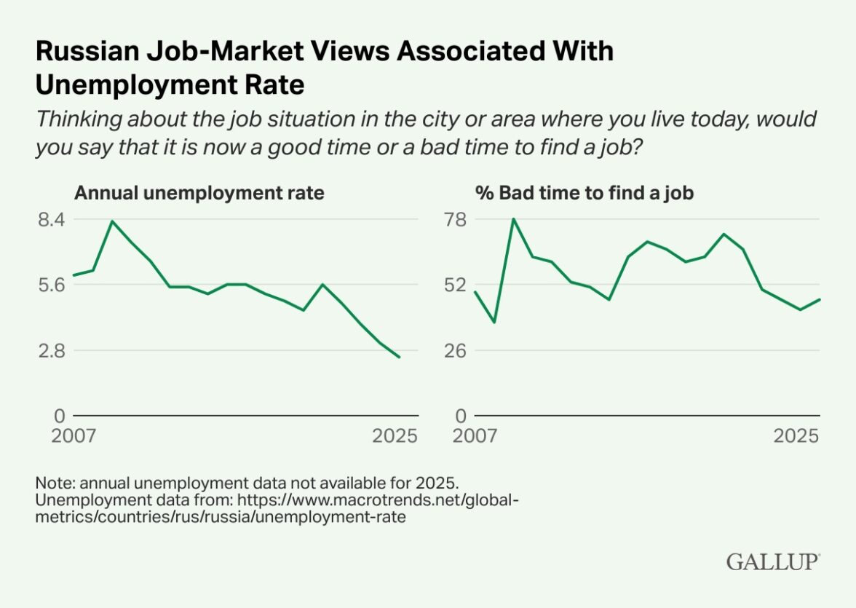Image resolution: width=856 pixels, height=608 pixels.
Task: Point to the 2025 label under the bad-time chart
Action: click(x=796, y=436)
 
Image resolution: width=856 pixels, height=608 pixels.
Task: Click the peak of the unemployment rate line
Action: click(x=112, y=221)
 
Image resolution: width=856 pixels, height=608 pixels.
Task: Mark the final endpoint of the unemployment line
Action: click(x=399, y=357)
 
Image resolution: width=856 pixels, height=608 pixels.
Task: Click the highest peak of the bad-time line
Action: click(x=513, y=218)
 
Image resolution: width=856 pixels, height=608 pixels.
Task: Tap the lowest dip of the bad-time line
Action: click(x=494, y=322)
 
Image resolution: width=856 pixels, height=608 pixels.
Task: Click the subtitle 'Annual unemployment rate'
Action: click(x=200, y=193)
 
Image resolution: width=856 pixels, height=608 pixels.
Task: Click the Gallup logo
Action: click(x=773, y=561)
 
